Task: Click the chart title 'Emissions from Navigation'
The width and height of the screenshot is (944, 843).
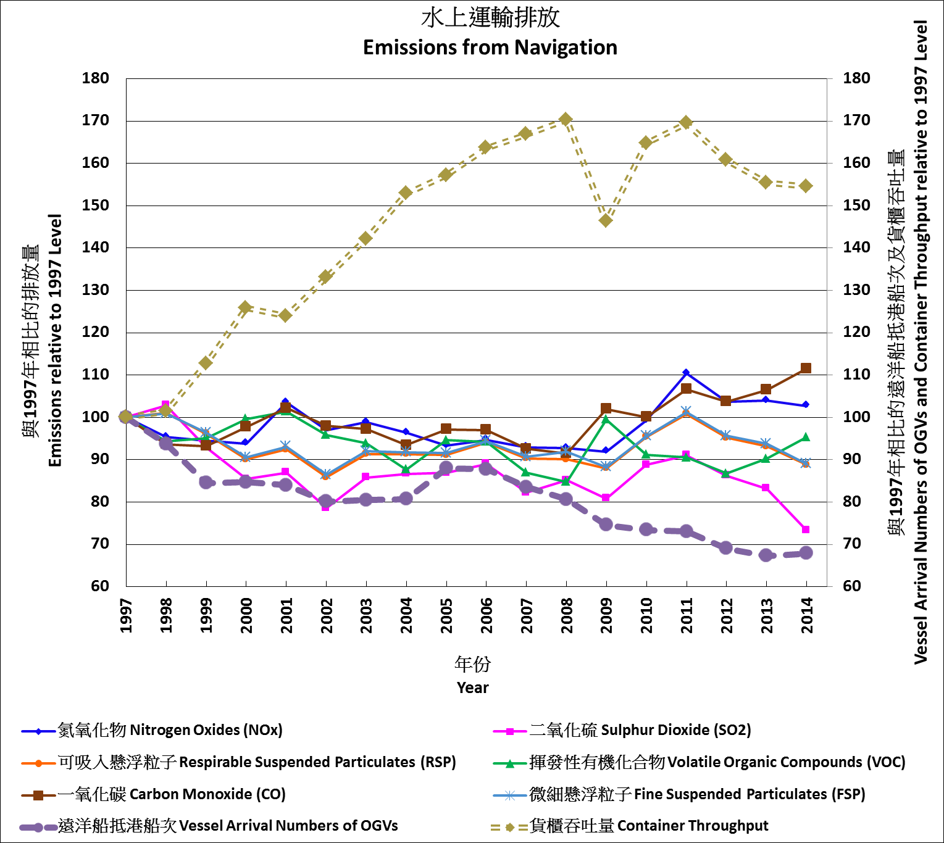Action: tap(490, 48)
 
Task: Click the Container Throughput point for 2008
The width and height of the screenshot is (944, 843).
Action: tap(566, 119)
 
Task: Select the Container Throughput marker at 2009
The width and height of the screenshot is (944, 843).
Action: tap(606, 220)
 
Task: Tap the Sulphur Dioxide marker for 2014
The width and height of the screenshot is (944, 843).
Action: tap(806, 529)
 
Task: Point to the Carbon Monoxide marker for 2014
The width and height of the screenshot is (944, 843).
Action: tap(806, 368)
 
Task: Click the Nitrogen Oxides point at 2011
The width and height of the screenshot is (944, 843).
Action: tap(686, 373)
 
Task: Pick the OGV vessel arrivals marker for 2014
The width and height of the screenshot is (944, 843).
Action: tap(806, 553)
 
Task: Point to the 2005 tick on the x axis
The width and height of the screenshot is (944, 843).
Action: tap(446, 615)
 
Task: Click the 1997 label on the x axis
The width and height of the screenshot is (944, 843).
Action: tap(127, 615)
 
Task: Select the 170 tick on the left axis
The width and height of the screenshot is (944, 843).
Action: tap(96, 121)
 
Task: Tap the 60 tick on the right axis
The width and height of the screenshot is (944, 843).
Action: tap(857, 586)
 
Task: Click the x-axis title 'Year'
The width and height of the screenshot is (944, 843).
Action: tap(472, 687)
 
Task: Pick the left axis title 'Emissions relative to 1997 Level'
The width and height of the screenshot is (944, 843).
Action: tap(56, 340)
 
